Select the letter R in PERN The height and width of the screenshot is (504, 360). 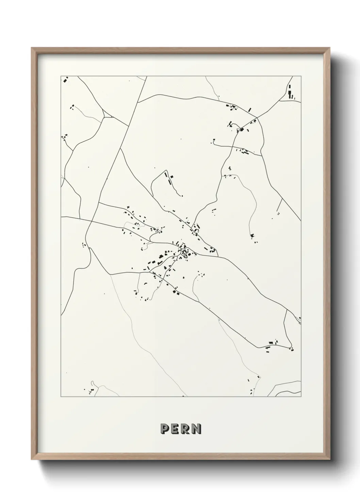[186, 429]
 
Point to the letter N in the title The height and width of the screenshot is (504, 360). [196, 429]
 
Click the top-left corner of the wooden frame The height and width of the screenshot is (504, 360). [32, 48]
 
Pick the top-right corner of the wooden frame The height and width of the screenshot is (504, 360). [329, 48]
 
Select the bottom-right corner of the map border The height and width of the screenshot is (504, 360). [301, 397]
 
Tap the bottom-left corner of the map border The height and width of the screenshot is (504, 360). [61, 397]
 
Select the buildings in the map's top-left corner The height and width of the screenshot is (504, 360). [65, 80]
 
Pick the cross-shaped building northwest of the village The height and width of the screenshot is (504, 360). [128, 207]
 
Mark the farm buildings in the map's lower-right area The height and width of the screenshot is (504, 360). [272, 344]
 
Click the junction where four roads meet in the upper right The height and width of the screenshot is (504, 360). [257, 118]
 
